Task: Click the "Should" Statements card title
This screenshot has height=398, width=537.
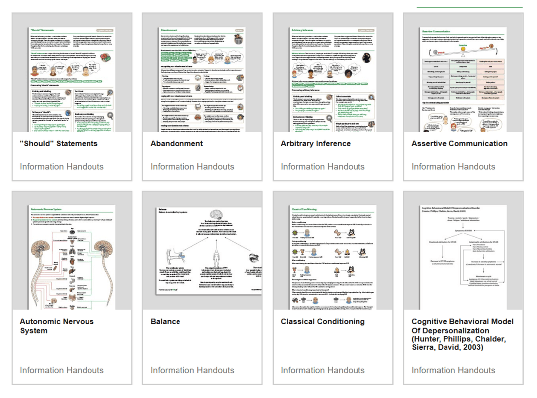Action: (59, 144)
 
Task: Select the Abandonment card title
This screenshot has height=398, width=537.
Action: (177, 144)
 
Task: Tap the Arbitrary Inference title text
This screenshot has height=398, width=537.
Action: (315, 144)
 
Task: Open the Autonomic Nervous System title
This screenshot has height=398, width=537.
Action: (57, 326)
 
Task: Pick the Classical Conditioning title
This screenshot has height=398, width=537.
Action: (322, 322)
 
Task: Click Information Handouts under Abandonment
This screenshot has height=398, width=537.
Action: (192, 167)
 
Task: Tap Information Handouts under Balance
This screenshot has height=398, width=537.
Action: (192, 370)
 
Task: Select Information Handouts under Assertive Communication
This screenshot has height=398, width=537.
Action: (453, 167)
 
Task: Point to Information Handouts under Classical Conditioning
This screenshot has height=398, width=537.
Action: (323, 370)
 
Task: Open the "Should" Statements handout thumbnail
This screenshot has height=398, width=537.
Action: (72, 80)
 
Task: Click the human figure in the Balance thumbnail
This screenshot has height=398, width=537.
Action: (216, 258)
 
